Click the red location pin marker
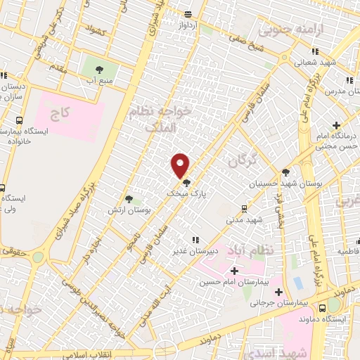(181, 165)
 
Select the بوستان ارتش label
(127, 210)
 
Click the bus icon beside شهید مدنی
(243, 208)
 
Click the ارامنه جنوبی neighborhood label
(285, 30)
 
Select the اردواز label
(187, 25)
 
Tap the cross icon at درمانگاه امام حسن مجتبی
(337, 125)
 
